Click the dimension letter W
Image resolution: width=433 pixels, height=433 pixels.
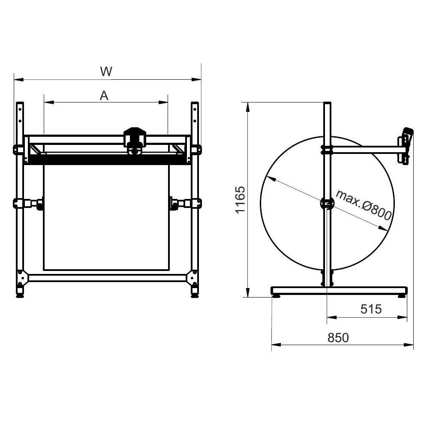pos(106,72)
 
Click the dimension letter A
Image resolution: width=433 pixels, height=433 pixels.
pos(104,96)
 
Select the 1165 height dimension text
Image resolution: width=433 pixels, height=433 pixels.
pos(240,200)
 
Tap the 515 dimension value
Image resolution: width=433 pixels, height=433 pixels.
pos(371,309)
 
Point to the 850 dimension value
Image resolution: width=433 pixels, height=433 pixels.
pos(338,338)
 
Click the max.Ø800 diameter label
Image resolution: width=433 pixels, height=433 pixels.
pos(364,204)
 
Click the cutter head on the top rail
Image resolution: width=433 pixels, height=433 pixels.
pos(135,141)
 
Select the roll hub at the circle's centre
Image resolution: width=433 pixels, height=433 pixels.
pos(327,204)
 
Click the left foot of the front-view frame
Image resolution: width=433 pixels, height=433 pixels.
pos(20,293)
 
